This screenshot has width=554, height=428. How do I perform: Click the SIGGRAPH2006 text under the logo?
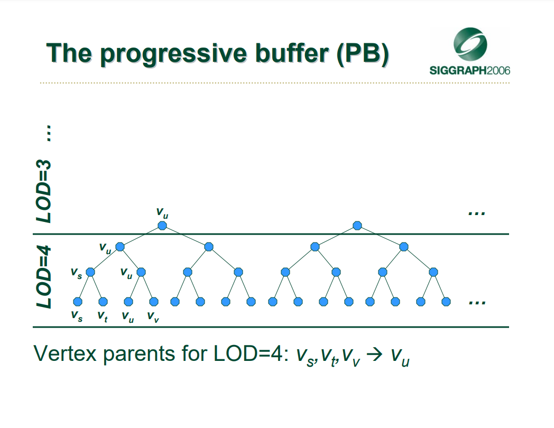point(470,71)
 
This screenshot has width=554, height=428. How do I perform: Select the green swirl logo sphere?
point(470,44)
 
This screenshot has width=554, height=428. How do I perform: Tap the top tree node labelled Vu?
point(162,225)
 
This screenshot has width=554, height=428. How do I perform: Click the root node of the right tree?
point(357,225)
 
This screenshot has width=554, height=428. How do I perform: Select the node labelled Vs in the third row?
point(90,272)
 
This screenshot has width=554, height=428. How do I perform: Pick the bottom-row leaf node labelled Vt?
point(103,302)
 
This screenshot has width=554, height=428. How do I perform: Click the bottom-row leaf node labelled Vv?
point(154,302)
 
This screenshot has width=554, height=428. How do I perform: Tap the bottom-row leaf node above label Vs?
point(77,302)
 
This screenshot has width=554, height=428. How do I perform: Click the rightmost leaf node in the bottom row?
point(446,302)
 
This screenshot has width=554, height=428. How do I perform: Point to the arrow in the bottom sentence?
point(374,354)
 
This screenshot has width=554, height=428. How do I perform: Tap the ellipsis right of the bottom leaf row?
point(477,303)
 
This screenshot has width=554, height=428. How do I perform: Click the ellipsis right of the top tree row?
point(477,213)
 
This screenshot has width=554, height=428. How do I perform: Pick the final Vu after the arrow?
point(400,357)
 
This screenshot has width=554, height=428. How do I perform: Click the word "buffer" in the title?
point(292,53)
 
